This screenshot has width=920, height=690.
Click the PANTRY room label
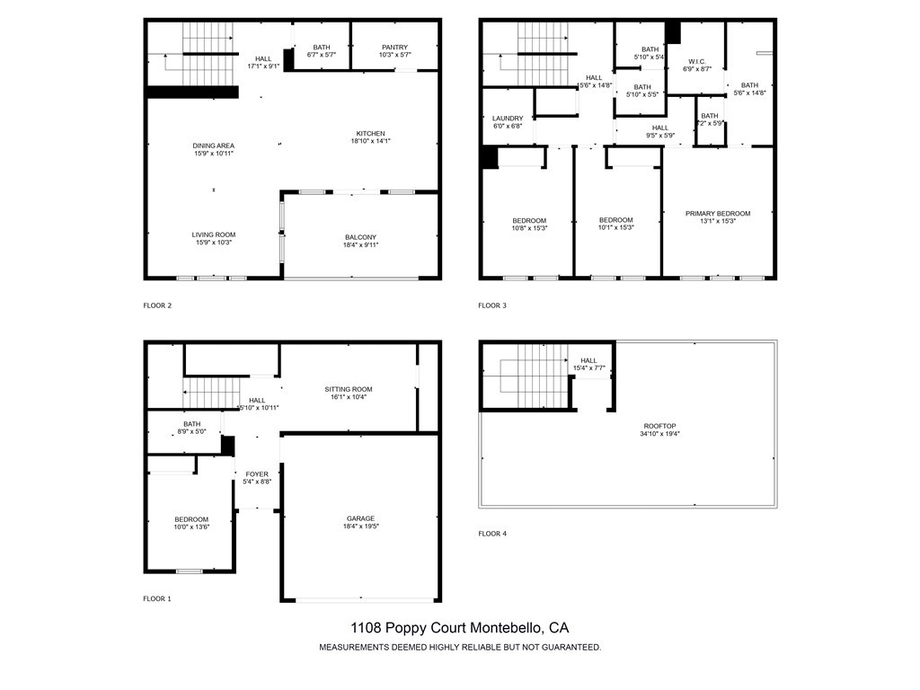394,48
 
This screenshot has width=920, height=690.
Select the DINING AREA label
213,146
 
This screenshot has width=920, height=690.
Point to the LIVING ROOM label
213,234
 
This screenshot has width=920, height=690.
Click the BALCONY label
360,237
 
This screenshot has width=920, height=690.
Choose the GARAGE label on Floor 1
360,518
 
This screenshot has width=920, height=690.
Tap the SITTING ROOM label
348,389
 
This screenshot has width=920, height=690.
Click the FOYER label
257,473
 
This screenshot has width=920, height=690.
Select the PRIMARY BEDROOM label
717,214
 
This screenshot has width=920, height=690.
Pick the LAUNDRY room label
508,119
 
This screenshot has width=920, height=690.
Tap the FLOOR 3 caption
492,305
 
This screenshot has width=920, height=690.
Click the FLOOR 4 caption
492,534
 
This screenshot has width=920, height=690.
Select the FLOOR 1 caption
157,598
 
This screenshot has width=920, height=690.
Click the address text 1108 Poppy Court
459,628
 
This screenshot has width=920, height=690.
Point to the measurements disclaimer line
460,647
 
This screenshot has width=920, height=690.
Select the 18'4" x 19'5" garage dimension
360,527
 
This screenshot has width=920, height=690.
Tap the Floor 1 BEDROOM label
191,519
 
